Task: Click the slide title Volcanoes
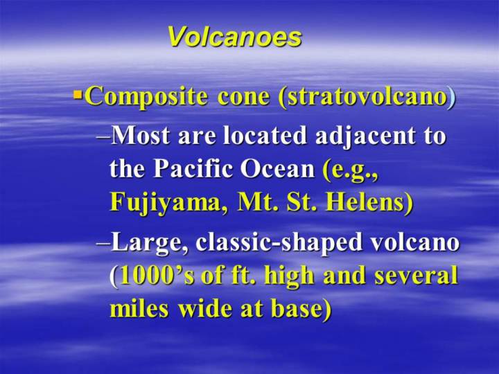(x=235, y=37)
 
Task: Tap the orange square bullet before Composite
(x=78, y=94)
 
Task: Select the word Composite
(x=147, y=97)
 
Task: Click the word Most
(x=140, y=135)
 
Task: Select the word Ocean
(x=277, y=169)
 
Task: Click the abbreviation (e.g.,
(x=351, y=170)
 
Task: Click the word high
(x=289, y=276)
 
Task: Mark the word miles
(x=139, y=308)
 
